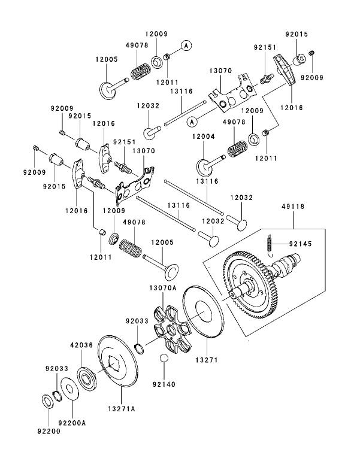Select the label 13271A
122,409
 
